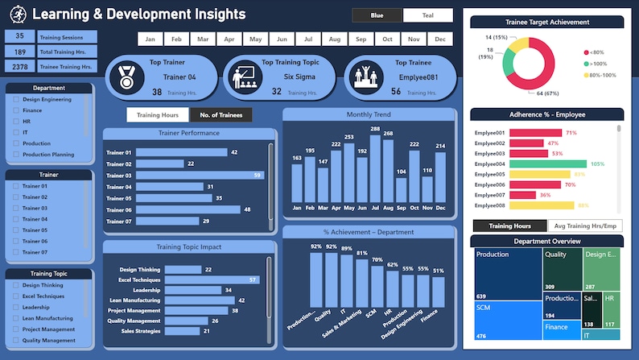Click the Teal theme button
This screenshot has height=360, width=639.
[427, 15]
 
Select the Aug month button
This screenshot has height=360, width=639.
[335, 39]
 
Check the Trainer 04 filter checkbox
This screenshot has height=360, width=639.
[16, 219]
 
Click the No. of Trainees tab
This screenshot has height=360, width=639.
[221, 115]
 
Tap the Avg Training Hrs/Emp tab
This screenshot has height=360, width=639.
[585, 226]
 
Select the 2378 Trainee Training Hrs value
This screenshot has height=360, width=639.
[20, 67]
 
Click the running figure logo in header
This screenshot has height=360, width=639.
[18, 14]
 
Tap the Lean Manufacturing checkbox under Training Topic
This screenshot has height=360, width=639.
[16, 318]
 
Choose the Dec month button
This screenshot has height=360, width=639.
[439, 39]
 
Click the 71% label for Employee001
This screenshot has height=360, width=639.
[571, 133]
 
